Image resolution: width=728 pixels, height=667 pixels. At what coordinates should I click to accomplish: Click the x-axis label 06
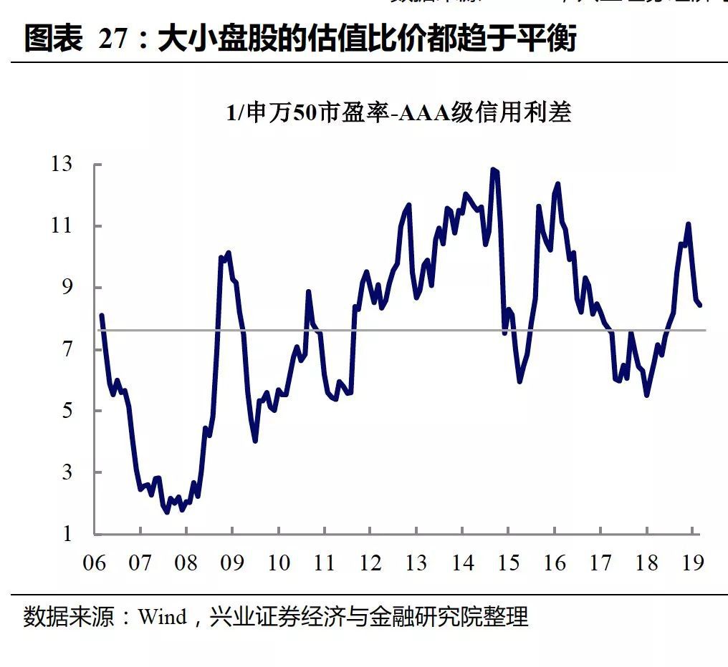coord(95,563)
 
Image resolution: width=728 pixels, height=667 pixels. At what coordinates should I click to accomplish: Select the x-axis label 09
coord(232,563)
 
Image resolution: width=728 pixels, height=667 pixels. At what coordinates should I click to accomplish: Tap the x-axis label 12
coord(370,563)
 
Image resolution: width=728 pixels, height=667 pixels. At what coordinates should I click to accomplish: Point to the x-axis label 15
coord(509,563)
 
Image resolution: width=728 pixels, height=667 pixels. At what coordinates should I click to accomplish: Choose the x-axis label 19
coord(693,563)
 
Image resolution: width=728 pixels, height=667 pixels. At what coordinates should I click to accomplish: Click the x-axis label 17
coord(600,563)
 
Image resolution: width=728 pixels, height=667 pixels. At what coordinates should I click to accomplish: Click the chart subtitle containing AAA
coord(398,113)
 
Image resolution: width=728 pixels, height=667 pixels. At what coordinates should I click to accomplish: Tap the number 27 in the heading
coord(112,39)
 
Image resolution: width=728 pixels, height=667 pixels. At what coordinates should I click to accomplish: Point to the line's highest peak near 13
coord(493,170)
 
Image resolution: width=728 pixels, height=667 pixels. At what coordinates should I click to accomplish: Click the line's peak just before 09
coord(228,253)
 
